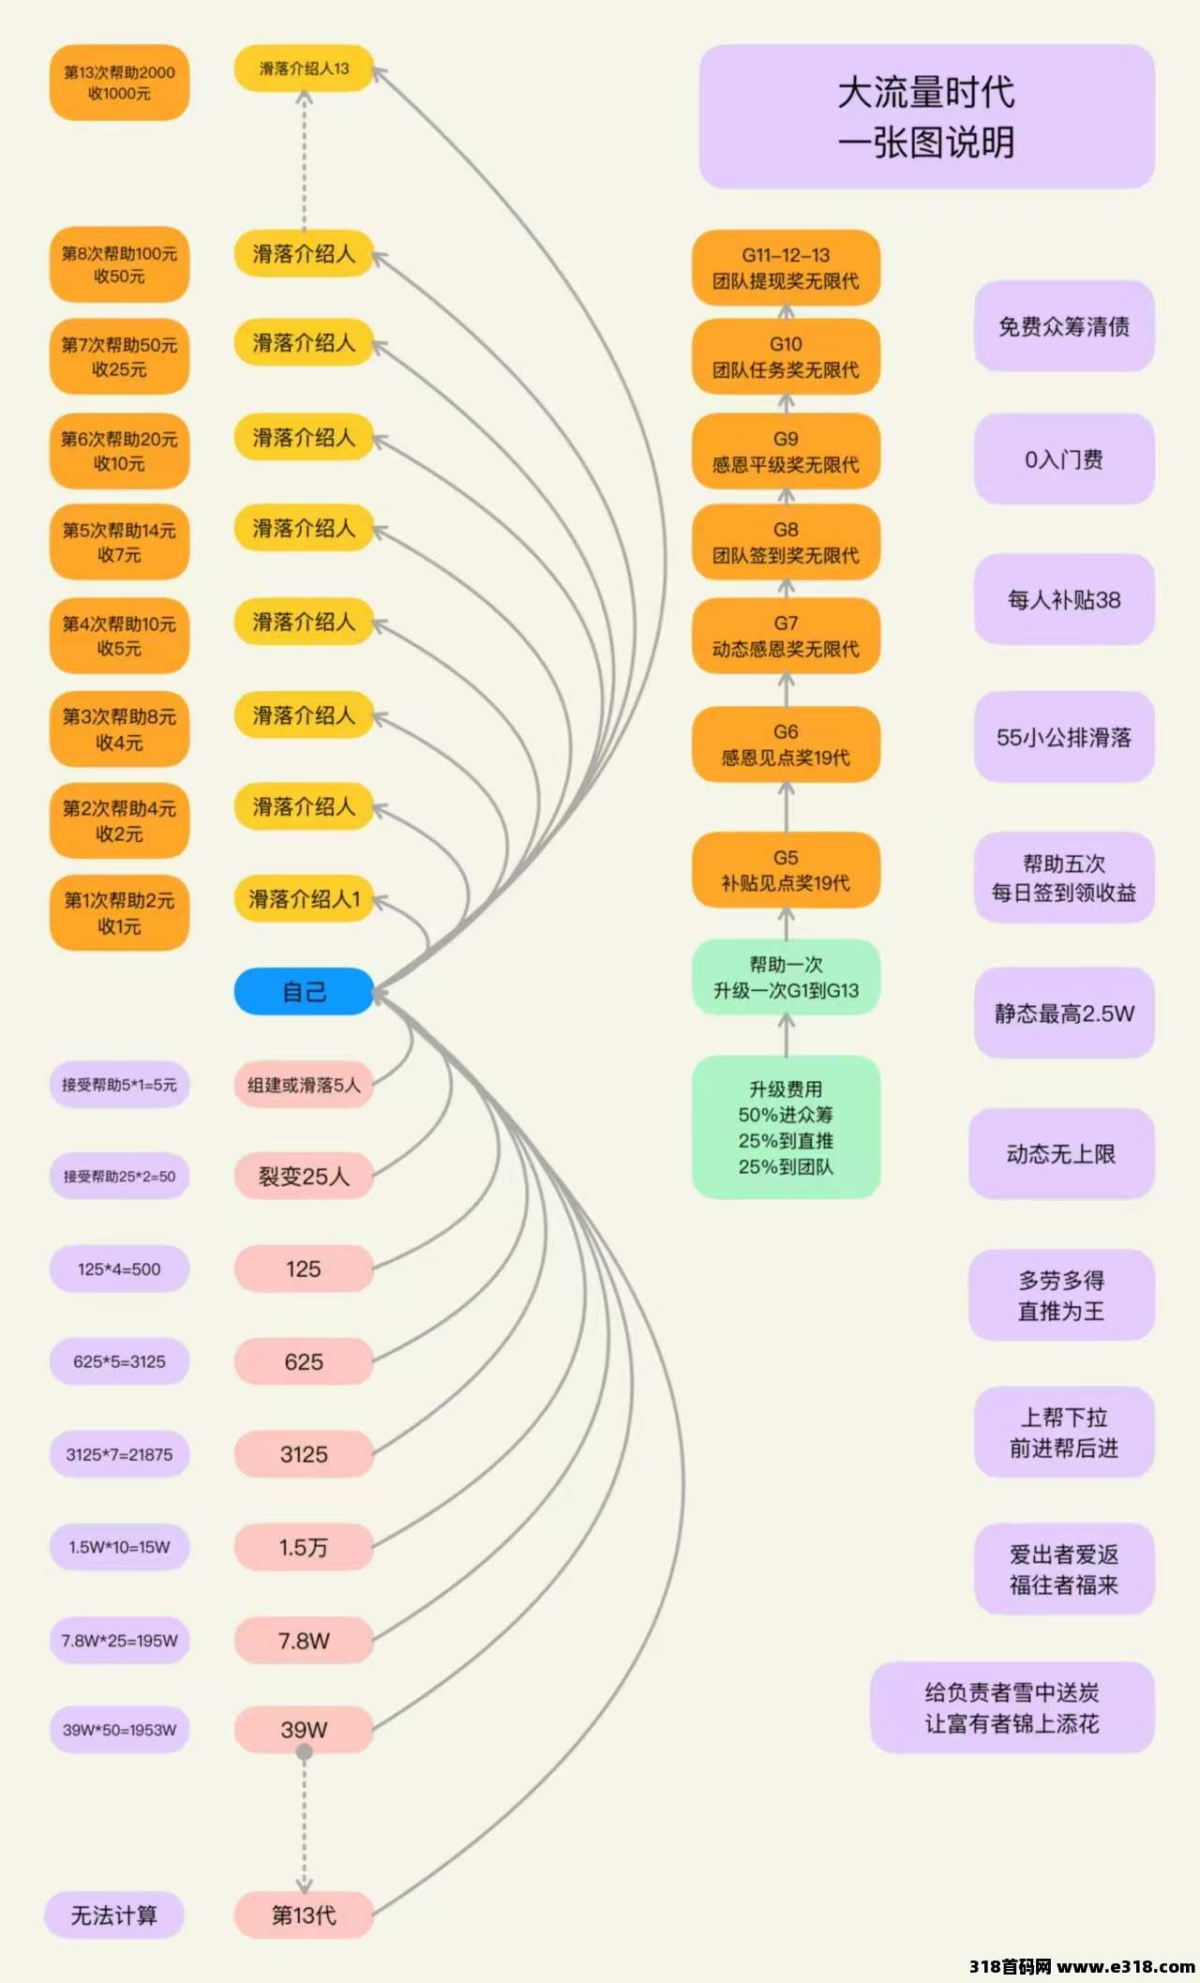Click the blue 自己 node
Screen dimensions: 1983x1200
tap(304, 991)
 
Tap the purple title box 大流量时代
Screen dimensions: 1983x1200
tap(926, 117)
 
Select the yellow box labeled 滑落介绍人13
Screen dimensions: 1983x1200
tap(304, 68)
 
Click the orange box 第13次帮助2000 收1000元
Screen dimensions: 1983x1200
tap(119, 83)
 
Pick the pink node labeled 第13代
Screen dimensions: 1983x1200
tap(304, 1915)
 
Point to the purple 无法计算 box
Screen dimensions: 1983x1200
tap(114, 1915)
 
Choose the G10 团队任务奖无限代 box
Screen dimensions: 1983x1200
tap(786, 357)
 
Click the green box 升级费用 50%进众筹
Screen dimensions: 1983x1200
tap(786, 1127)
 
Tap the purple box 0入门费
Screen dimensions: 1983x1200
tap(1063, 459)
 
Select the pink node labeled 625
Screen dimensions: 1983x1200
tap(304, 1361)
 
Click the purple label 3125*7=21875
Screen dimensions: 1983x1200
tap(119, 1454)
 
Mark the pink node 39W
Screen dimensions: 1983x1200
tap(304, 1730)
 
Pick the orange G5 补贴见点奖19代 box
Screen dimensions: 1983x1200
tap(786, 870)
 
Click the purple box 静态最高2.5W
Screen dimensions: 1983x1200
tap(1063, 1013)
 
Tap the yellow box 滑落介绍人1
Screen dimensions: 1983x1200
tap(304, 899)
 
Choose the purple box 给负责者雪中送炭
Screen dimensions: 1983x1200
tap(1012, 1707)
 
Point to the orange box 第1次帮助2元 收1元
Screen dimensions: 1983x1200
tap(119, 913)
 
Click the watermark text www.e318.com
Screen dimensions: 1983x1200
tap(1125, 1966)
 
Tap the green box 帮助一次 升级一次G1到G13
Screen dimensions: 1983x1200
tap(786, 977)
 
